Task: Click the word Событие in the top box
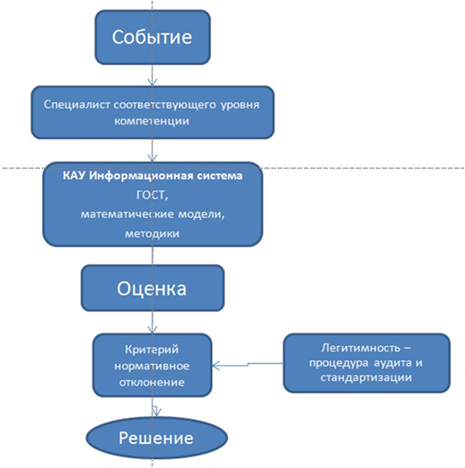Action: (x=151, y=37)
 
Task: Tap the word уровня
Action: (x=240, y=105)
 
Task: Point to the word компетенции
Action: (x=151, y=121)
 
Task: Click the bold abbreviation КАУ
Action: (x=75, y=175)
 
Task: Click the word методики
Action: (x=152, y=233)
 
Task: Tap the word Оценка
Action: (x=151, y=288)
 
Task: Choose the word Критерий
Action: (x=151, y=350)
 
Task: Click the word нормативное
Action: (x=151, y=366)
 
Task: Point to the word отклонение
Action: (x=151, y=383)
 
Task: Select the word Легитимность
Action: (x=361, y=348)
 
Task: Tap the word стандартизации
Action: (x=366, y=377)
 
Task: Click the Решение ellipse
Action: (x=157, y=438)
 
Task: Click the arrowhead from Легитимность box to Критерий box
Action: (x=216, y=365)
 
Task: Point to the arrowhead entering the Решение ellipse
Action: (x=156, y=412)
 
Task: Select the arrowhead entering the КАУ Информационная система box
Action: (x=152, y=158)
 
